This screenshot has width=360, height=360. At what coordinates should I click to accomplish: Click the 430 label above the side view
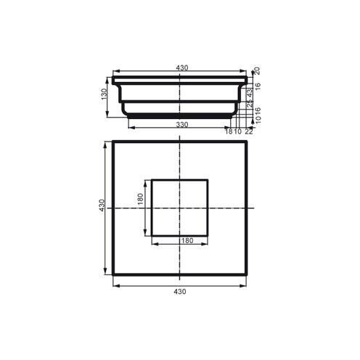181,68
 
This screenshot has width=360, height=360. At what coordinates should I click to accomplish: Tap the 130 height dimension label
105,94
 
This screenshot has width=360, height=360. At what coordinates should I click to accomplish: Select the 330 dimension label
181,125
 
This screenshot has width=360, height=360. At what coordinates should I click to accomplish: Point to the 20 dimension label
258,70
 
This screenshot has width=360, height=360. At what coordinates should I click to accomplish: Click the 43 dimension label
250,94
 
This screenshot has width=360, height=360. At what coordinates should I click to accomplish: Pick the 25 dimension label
250,107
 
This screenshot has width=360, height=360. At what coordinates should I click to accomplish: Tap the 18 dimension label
228,131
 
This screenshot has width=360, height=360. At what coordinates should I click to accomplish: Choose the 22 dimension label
249,131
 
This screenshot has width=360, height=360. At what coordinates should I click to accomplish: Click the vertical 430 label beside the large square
103,207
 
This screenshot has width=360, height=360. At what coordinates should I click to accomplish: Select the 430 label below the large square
181,291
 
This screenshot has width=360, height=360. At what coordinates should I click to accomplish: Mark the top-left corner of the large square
113,142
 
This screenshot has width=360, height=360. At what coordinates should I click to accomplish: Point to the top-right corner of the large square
248,142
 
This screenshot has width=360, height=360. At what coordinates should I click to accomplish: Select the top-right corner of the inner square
209,179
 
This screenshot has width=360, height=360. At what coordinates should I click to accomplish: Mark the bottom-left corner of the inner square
152,235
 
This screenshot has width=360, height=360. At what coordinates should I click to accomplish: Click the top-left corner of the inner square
152,179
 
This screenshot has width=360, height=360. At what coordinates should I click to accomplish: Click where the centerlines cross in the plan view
181,208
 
